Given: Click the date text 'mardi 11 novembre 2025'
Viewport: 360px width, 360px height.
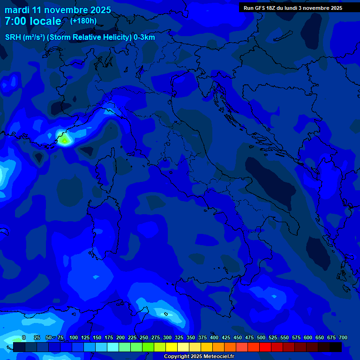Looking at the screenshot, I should [x=58, y=10].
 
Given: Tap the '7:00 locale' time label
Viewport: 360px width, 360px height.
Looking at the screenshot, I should [x=33, y=21].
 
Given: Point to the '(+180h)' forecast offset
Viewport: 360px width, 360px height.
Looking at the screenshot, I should [x=83, y=21].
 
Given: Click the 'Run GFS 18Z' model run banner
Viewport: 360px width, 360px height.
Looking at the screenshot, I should [x=292, y=8].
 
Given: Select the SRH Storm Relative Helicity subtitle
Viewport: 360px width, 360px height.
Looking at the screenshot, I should [x=80, y=37].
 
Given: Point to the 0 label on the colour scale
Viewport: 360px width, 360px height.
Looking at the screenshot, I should [x=24, y=338].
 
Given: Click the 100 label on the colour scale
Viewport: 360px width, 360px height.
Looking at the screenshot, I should [x=74, y=338].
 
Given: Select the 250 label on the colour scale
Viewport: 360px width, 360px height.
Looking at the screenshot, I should [x=144, y=338].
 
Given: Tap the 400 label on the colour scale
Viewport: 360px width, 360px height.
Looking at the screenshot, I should [x=214, y=338].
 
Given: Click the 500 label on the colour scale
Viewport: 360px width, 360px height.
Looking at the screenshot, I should [x=261, y=338].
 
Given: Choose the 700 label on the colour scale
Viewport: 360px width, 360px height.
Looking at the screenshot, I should [x=343, y=338].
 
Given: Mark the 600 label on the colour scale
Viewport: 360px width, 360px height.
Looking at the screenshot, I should [x=308, y=338].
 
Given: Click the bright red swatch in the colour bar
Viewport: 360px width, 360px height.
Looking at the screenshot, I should [x=265, y=347].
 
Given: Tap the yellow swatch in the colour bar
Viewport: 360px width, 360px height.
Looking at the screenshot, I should [x=172, y=347].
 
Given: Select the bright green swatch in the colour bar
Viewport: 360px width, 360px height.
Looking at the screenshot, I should [x=148, y=347].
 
